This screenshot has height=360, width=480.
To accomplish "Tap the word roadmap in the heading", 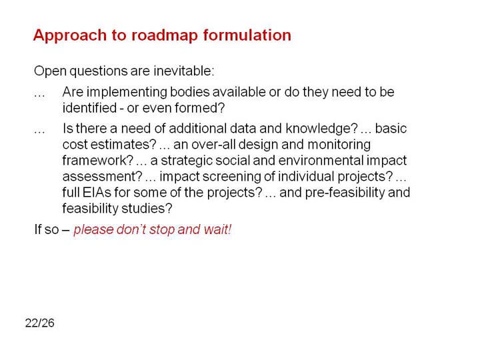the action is tap(165, 36).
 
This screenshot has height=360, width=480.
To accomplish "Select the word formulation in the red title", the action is tap(247, 35).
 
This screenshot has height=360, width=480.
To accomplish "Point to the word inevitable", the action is tap(184, 71).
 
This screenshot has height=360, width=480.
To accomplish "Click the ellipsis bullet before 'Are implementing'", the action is tap(39, 96).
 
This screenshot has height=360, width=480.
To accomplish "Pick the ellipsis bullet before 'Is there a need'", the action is tap(39, 132).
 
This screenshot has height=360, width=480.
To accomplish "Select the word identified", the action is tap(90, 108).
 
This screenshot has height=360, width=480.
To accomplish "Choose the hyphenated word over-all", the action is tap(213, 145).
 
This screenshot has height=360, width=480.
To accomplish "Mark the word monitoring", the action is tap(339, 145).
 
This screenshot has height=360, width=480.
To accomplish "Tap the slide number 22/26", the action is tap(40, 323).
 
